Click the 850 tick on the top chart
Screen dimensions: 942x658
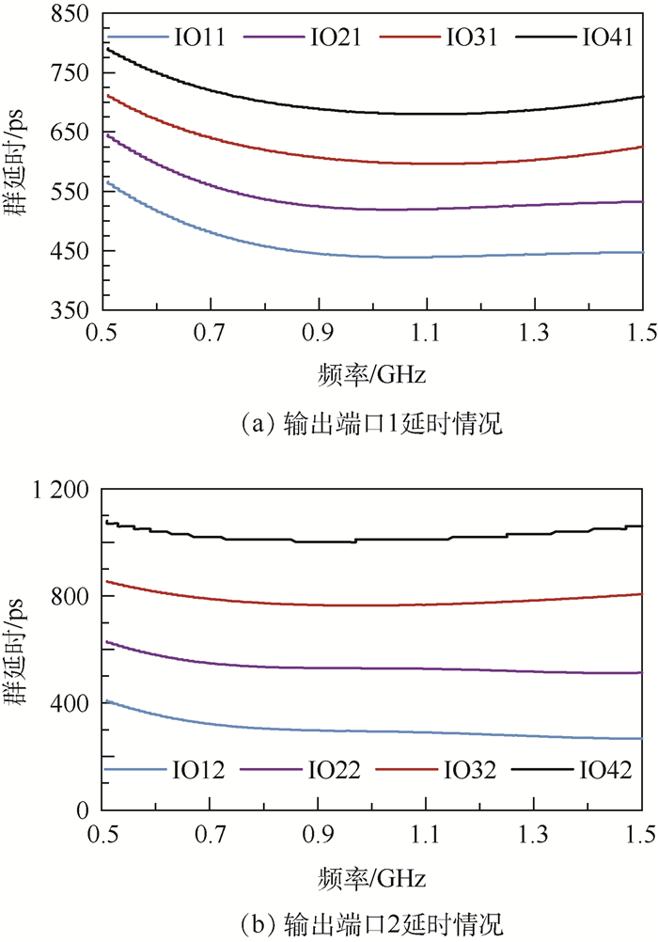[73, 14]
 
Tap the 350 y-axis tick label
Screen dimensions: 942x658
[73, 310]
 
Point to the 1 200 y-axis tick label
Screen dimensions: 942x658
[64, 490]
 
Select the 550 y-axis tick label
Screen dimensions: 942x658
[73, 192]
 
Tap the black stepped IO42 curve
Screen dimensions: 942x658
[376, 541]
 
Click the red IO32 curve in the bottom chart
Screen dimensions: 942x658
[376, 604]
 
